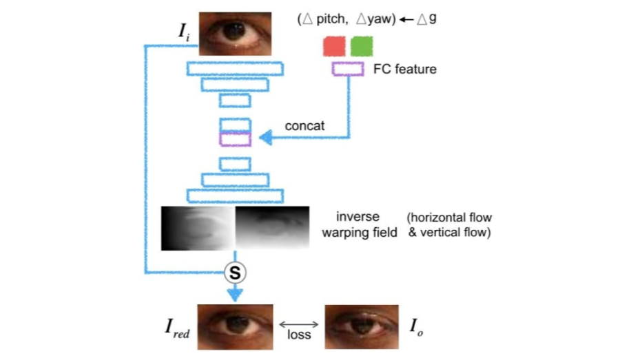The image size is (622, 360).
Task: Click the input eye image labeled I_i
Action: pos(235,32)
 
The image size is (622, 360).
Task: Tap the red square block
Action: pos(334,47)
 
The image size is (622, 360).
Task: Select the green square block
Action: pos(362,47)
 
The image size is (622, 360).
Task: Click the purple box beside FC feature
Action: pos(348,69)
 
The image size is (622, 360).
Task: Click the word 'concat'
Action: pos(304,126)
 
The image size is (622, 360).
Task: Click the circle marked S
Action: pos(236,273)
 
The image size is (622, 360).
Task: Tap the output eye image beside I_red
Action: pos(235,327)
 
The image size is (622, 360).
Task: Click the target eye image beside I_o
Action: pos(362,327)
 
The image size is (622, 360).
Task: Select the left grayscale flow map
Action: pos(198,228)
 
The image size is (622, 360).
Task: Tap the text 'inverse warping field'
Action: pos(359,225)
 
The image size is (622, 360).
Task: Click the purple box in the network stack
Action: pos(235,138)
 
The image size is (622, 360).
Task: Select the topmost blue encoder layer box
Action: pos(235,68)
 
